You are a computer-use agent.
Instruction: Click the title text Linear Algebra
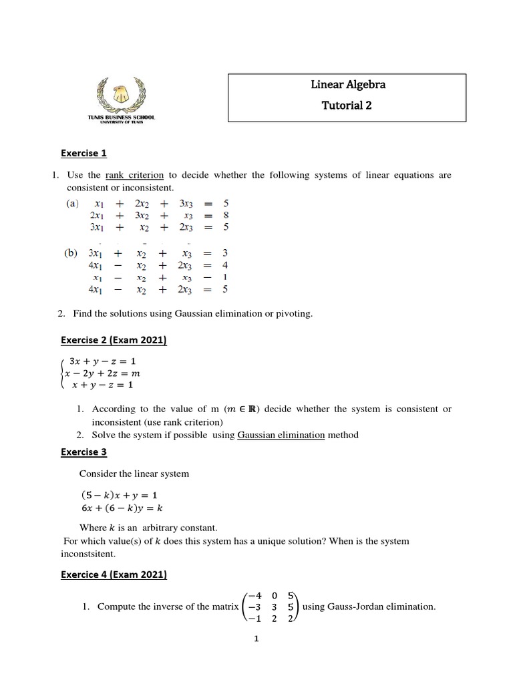[348, 85]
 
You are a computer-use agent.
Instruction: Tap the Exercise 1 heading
[83, 153]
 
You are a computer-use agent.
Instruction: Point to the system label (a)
[71, 202]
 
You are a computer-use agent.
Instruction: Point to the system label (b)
[72, 253]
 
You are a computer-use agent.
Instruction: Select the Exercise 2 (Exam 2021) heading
[114, 341]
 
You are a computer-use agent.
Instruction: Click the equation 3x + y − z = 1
[102, 361]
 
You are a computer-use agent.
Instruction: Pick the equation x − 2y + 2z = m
[103, 373]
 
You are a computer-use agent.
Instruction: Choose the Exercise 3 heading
[83, 452]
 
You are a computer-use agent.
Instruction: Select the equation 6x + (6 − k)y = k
[121, 507]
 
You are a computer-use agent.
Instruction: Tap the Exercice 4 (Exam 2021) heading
[114, 574]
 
